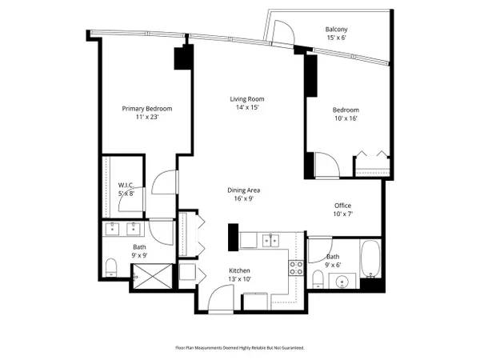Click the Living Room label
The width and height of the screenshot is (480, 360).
[x=247, y=99]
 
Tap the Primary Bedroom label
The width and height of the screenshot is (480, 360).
[x=147, y=109]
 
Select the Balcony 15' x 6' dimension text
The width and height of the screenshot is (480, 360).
[x=336, y=38]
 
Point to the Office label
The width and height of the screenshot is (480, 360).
[x=342, y=206]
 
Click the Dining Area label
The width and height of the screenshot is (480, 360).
[x=244, y=190]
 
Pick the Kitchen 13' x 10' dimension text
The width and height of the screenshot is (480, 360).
[x=239, y=279]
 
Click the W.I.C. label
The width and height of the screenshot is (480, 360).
[x=126, y=186]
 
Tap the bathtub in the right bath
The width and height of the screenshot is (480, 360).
[x=370, y=259]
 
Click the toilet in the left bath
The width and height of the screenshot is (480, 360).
[x=111, y=267]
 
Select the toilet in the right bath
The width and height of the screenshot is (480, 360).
[x=318, y=279]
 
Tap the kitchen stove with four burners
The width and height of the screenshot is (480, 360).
[x=296, y=268]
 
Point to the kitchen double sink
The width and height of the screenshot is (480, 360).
[x=270, y=240]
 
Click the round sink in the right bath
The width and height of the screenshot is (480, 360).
[x=342, y=282]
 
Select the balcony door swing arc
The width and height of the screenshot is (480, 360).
[x=284, y=30]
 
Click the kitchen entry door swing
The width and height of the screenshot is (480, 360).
[x=221, y=298]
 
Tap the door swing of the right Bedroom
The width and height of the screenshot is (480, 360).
[x=327, y=165]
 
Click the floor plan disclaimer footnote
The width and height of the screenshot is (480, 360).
[x=240, y=348]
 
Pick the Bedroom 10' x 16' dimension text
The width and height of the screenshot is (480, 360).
[x=346, y=118]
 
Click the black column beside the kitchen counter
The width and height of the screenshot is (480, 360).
[x=234, y=238]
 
